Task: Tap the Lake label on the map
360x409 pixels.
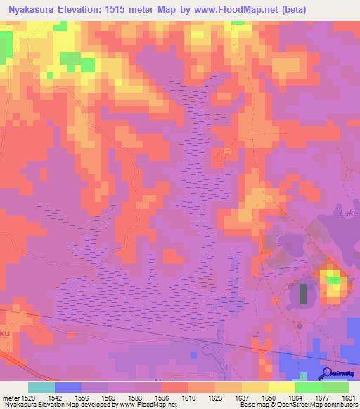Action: click(349, 213)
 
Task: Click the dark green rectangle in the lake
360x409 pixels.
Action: click(304, 293)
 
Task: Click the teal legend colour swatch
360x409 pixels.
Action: click(41, 387)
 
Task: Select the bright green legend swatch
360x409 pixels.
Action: click(309, 387)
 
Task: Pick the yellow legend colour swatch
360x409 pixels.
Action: click(282, 387)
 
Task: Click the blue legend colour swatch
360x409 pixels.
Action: click(67, 387)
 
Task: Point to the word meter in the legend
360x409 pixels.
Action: click(11, 398)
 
